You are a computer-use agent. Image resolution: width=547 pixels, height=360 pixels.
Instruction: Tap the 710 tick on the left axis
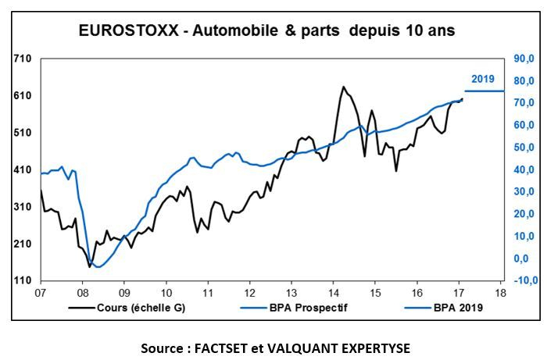(x=23, y=59)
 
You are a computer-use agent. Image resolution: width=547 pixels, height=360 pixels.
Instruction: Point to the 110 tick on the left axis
(x=23, y=280)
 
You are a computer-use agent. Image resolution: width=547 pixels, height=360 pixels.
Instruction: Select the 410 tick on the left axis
(x=23, y=169)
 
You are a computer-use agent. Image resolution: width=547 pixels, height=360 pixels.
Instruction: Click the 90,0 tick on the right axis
(x=523, y=59)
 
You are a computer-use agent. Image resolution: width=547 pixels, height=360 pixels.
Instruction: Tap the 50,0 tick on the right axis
(x=523, y=148)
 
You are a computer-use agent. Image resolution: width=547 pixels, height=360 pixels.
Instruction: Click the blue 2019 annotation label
(x=483, y=79)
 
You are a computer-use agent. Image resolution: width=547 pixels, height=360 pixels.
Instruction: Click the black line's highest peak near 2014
(x=342, y=87)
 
